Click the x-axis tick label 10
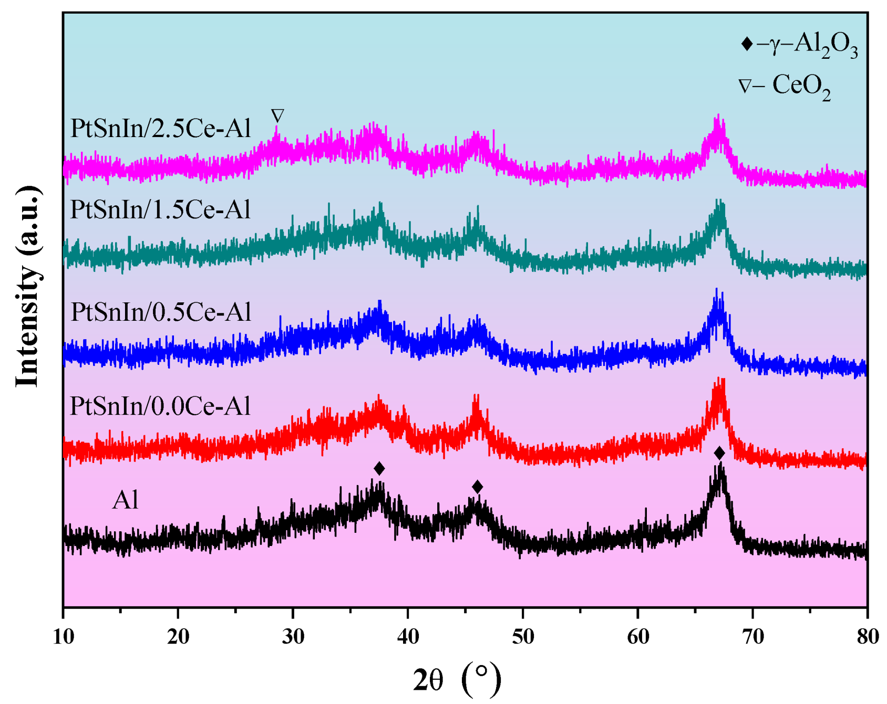point(64,637)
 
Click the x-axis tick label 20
point(178,637)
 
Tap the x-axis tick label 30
point(293,637)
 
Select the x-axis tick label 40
point(408,637)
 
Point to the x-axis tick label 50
point(523,637)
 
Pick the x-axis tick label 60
point(638,637)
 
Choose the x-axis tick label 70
point(752,637)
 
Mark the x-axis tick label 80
point(868,637)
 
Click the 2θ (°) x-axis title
point(457,680)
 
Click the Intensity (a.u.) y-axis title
point(27,286)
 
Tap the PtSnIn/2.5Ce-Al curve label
point(160,129)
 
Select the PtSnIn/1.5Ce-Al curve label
point(160,210)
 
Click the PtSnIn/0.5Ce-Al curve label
point(160,312)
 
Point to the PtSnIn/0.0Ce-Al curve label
point(160,406)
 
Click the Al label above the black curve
point(125,500)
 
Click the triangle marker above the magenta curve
point(277,115)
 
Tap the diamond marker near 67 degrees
point(719,453)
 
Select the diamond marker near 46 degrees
point(477,487)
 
